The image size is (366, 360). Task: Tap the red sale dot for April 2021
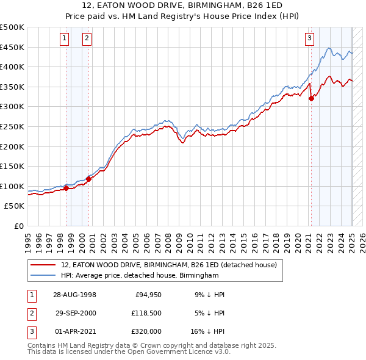point(311,99)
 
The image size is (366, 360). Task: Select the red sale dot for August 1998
point(66,189)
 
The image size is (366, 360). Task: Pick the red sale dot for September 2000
point(88,179)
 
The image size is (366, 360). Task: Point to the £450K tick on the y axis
point(12,47)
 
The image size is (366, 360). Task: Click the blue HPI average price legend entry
point(140,276)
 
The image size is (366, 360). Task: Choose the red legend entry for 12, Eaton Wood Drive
point(169,265)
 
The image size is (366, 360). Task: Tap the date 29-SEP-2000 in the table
point(76,313)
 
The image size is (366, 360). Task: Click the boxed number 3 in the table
point(30,331)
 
